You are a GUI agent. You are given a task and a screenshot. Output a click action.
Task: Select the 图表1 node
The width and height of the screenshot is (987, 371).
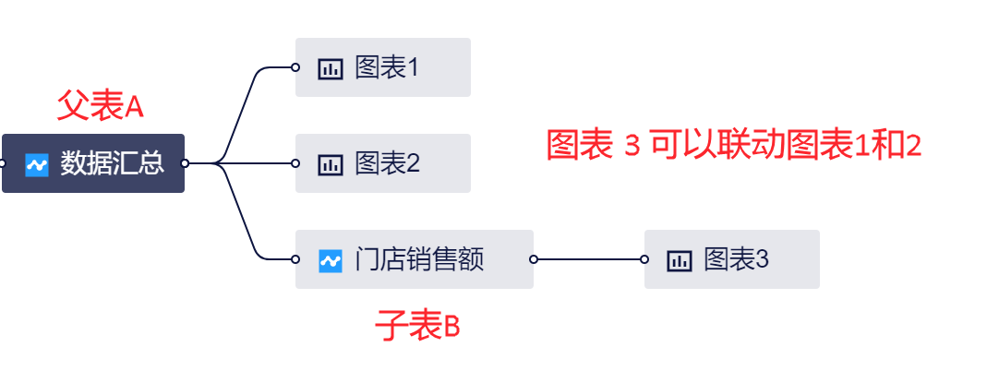point(383,67)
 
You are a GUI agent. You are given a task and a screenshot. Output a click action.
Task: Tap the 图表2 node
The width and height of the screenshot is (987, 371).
point(383,163)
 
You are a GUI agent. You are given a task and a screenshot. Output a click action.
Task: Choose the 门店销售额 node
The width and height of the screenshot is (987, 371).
point(415,259)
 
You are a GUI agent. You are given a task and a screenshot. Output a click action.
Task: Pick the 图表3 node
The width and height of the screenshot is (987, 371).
point(732,259)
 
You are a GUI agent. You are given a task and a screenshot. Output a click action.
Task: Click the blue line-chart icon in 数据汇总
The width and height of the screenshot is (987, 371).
point(37,164)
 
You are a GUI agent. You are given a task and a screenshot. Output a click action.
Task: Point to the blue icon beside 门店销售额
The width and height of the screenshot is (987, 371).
point(331,260)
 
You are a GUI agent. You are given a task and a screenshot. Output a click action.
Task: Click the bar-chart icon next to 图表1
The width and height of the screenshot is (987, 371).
point(331,68)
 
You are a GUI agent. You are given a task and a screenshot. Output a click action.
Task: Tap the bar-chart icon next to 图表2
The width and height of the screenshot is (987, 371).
point(331,164)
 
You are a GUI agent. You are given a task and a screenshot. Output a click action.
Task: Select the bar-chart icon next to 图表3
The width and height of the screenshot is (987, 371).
point(680,260)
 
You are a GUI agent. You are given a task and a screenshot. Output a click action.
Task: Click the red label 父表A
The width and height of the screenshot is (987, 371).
point(101,106)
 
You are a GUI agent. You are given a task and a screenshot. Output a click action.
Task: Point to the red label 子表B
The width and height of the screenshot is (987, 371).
point(417,327)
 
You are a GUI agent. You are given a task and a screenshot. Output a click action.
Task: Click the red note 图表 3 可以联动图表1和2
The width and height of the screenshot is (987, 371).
point(734,145)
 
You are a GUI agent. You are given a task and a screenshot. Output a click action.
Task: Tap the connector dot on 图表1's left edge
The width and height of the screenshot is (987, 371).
point(295,67)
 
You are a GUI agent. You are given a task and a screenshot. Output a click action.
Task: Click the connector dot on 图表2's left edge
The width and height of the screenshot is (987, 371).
point(295,163)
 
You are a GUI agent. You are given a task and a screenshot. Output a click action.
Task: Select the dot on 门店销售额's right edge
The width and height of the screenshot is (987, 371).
point(534,259)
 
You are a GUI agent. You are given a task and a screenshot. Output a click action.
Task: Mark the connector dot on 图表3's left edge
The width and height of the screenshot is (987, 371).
point(644,259)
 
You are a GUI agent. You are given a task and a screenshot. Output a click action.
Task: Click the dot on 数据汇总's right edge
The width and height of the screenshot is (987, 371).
point(185,163)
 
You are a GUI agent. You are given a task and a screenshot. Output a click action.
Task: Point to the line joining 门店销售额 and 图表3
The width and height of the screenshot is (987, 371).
point(589,259)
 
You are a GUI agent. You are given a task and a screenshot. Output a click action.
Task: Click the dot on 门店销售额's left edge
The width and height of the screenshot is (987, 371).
point(295,259)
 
